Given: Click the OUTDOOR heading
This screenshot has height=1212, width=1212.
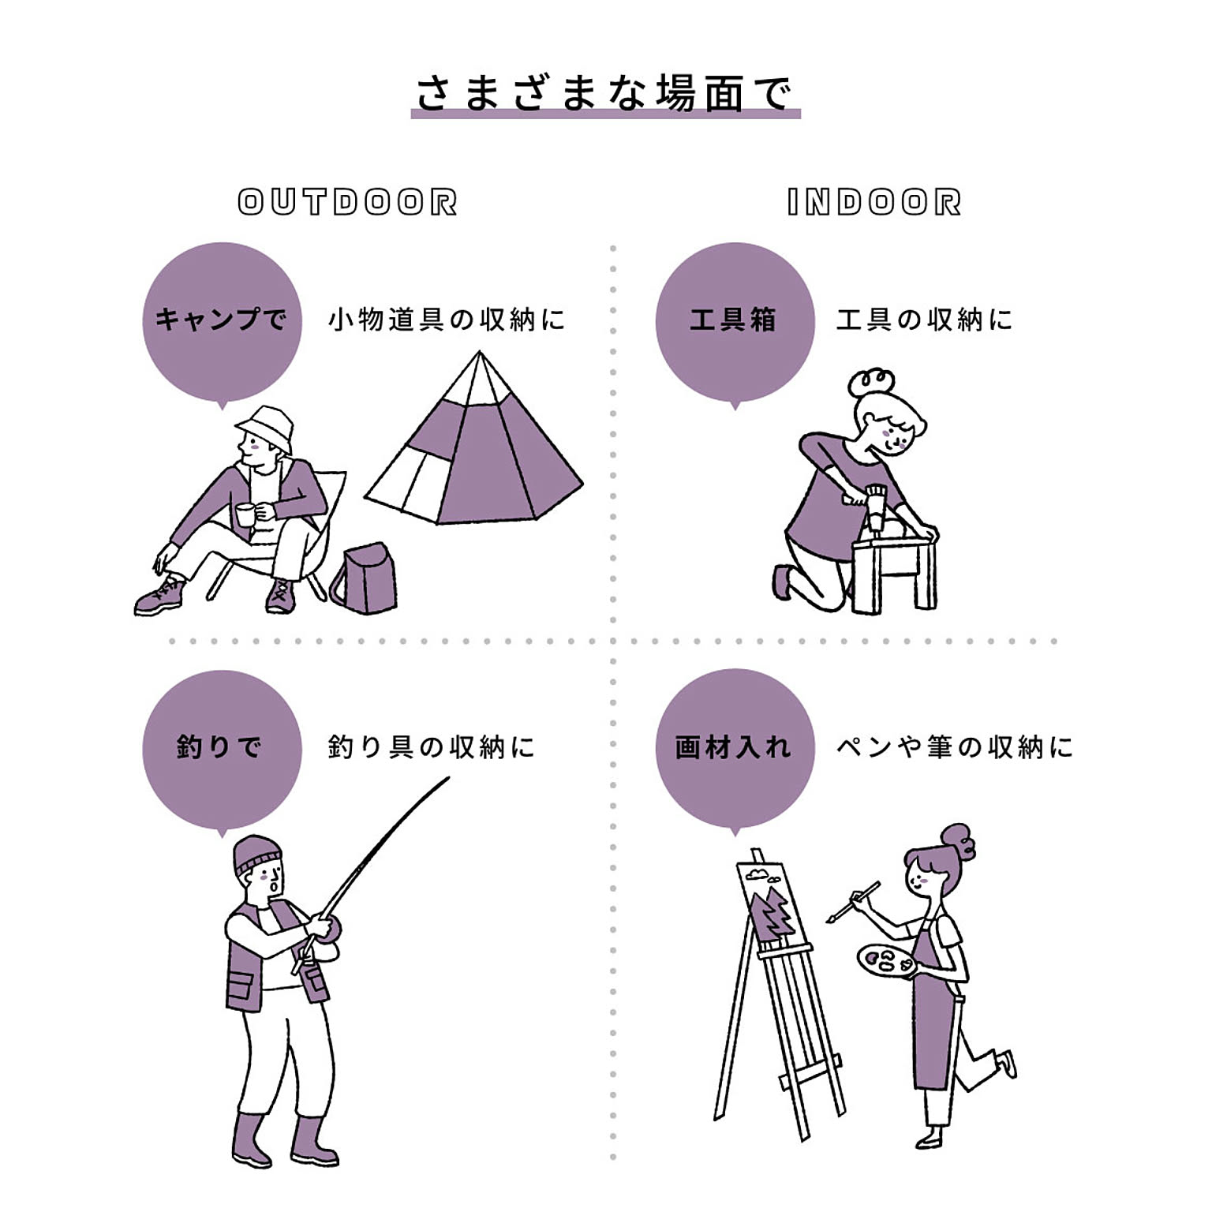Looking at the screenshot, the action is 348,202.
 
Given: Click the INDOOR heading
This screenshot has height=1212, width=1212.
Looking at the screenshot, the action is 874,202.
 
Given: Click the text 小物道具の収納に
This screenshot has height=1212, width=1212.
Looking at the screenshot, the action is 447,320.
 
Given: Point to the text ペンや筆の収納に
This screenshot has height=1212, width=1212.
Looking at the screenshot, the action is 955,746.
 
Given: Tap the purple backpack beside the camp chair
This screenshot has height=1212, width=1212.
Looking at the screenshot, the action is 365,578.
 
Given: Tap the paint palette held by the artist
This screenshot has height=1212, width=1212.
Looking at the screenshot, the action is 886,960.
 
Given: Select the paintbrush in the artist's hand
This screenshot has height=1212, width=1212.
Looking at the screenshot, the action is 853,902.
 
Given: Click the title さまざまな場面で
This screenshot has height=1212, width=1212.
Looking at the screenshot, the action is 604,93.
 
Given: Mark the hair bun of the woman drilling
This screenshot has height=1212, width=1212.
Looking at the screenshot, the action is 870,383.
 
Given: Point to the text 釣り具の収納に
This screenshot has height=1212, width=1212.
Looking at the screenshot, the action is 432,746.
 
